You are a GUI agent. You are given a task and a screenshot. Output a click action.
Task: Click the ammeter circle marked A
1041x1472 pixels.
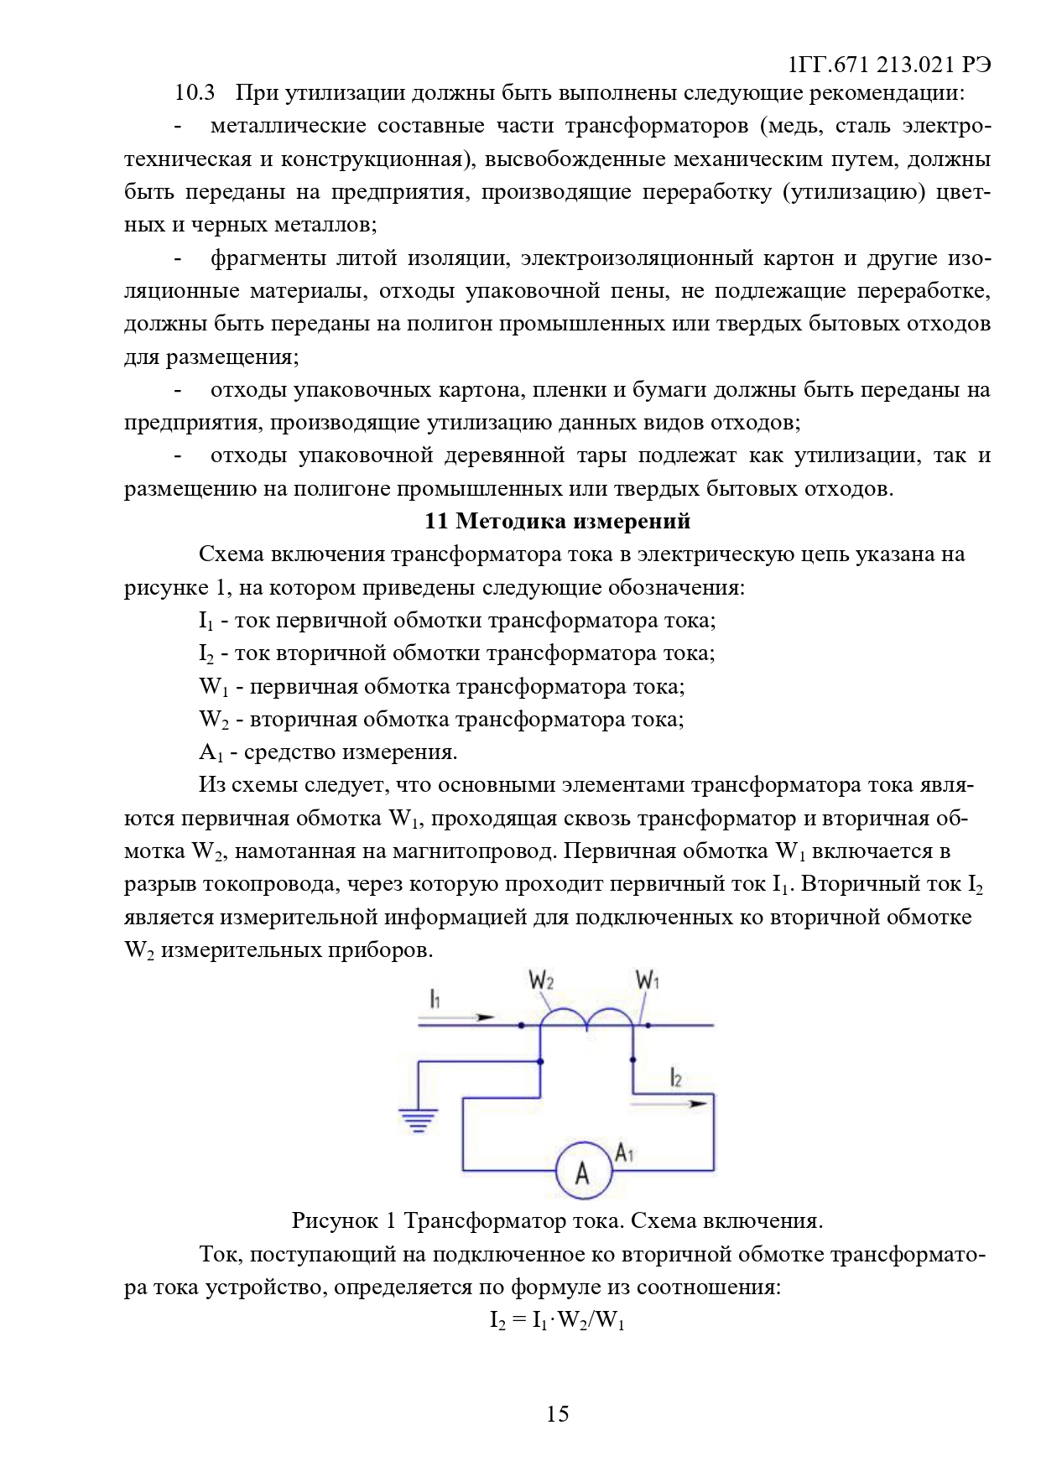[x=584, y=1171]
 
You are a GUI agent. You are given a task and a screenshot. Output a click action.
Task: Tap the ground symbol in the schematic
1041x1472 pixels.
[x=418, y=1120]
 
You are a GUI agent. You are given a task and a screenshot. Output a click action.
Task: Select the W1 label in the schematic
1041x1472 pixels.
[x=647, y=979]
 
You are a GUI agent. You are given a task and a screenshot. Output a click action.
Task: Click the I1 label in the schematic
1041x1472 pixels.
[x=435, y=998]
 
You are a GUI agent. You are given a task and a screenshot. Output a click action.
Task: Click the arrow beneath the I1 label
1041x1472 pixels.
[x=456, y=1017]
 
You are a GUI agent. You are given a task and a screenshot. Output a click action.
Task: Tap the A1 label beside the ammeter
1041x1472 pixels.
[x=624, y=1152]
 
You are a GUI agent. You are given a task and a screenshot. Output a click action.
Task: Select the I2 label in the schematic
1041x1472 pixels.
[x=676, y=1078]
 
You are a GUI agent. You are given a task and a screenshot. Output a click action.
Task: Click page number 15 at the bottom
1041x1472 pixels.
[x=558, y=1414]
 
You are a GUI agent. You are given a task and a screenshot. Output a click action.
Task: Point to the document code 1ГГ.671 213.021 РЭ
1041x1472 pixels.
[x=890, y=65]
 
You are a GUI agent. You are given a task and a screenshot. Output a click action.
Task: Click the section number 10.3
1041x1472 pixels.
[x=195, y=92]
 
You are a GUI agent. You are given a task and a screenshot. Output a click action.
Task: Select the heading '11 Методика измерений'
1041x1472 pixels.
[x=558, y=521]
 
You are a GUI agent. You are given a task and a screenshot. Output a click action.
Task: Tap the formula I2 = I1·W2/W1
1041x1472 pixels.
[x=558, y=1321]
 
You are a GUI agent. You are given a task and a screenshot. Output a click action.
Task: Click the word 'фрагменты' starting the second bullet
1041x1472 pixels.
[x=268, y=257]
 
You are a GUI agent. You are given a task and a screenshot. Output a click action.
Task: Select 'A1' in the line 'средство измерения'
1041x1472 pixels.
[x=210, y=752]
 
